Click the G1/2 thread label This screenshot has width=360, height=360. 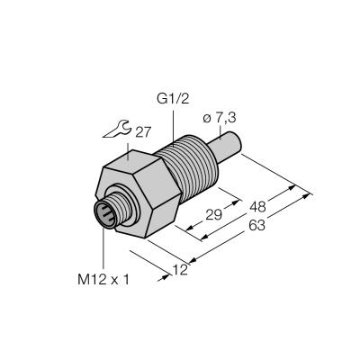[173, 99]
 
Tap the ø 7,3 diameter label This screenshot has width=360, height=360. [220, 118]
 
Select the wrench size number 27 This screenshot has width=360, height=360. [142, 132]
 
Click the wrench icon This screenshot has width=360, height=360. [116, 129]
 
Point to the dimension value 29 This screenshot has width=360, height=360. [213, 215]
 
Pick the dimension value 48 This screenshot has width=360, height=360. [257, 207]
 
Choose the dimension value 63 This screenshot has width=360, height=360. [257, 225]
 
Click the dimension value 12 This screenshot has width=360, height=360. [180, 270]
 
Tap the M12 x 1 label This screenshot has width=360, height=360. [103, 280]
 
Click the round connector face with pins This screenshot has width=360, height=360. [104, 215]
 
